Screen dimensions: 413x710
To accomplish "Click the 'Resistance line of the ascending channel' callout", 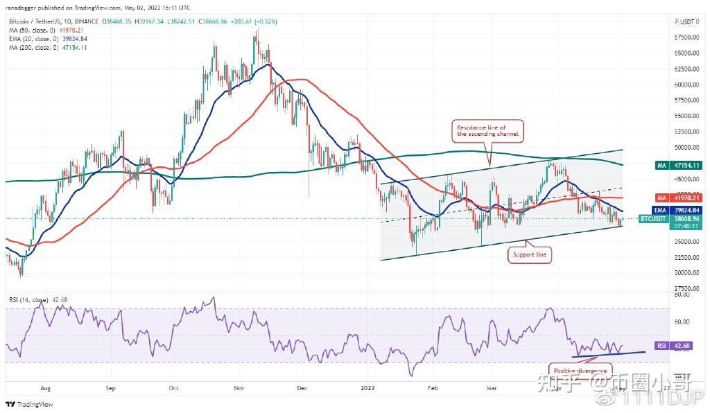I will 487,130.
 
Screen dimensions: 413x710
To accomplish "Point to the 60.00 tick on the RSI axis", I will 682,322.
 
